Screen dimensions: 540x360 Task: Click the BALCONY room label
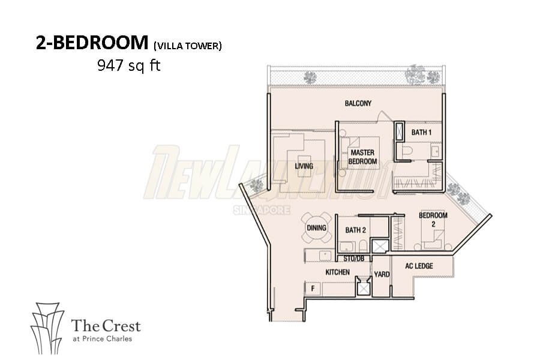[x=358, y=103]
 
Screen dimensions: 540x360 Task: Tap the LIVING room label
[x=304, y=166]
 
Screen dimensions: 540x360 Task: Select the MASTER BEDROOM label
[x=362, y=157]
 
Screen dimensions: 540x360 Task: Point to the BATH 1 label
[x=421, y=132]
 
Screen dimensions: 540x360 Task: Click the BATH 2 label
[x=355, y=230]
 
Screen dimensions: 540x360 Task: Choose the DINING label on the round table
[x=316, y=228]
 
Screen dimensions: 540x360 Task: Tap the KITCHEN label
[x=337, y=272]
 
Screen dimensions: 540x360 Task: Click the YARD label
[x=382, y=274]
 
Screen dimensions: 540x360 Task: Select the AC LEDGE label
[x=419, y=266]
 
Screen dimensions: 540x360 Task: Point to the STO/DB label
[x=353, y=259]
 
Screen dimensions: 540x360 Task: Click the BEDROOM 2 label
[x=433, y=220]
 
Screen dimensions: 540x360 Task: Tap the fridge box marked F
[x=313, y=289]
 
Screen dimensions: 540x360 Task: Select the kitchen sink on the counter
[x=325, y=255]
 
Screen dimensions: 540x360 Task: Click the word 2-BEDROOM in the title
[x=92, y=43]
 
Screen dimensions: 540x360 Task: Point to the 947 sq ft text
[x=129, y=65]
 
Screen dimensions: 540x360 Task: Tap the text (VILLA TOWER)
[x=188, y=46]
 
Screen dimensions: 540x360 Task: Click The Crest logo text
[x=106, y=326]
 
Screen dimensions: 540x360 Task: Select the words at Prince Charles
[x=102, y=338]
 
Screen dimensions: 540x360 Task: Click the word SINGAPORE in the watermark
[x=262, y=210]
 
